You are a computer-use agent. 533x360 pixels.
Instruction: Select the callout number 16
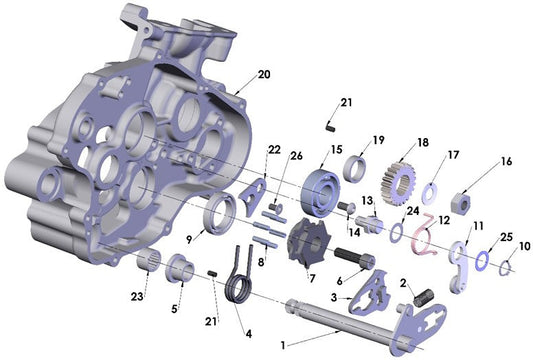coord(506,161)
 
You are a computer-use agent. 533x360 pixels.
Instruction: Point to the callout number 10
coord(524,246)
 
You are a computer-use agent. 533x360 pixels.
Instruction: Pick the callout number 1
coord(283,344)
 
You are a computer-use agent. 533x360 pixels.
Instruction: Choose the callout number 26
coord(295,154)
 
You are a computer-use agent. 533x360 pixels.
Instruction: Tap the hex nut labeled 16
coord(462,190)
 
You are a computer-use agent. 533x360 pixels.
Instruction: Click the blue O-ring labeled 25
coord(484,260)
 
